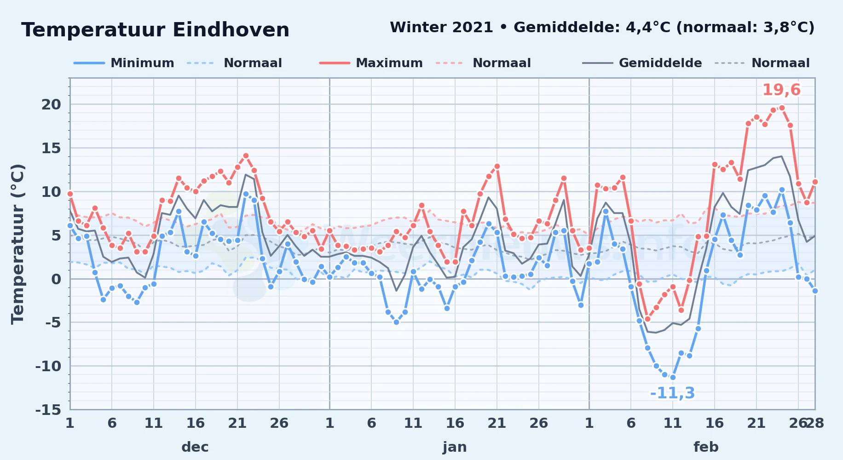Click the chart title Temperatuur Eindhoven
pos(155,30)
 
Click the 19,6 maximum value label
pos(781,90)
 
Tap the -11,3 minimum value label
pos(672,393)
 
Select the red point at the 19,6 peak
pos(781,108)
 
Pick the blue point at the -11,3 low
pos(673,377)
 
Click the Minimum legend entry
pos(124,63)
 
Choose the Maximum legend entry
pos(371,63)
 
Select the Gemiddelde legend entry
pos(642,63)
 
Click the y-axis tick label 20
pos(51,104)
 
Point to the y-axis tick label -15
pos(48,409)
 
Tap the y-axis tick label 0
pos(56,279)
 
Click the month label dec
pos(195,447)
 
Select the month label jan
pos(455,447)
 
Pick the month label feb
pos(706,447)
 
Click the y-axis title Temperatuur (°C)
pos(17,244)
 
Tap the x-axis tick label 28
pos(814,423)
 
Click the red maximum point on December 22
pos(246,156)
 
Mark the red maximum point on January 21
pos(497,166)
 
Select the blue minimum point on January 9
pos(396,322)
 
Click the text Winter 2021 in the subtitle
pos(441,28)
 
